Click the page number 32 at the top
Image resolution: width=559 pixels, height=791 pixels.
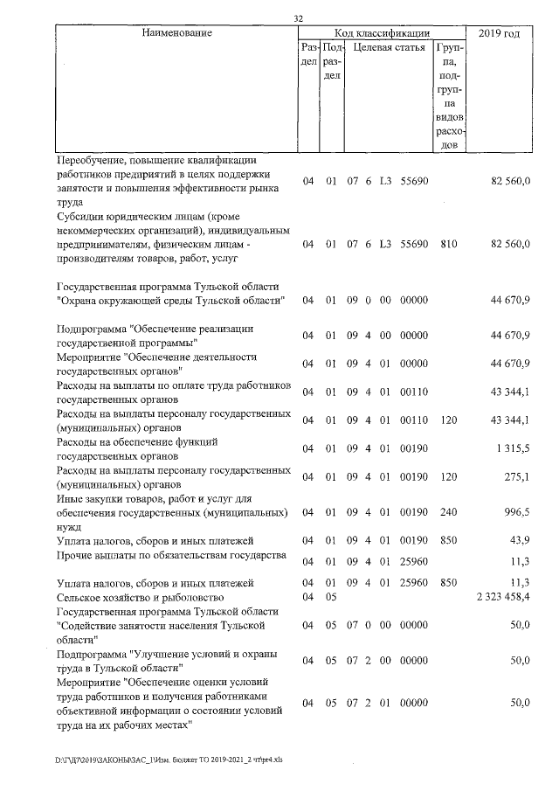[299, 18]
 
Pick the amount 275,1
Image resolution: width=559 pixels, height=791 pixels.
[517, 477]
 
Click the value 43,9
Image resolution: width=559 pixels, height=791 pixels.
[520, 541]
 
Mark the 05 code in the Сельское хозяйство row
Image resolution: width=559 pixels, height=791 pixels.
[330, 596]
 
